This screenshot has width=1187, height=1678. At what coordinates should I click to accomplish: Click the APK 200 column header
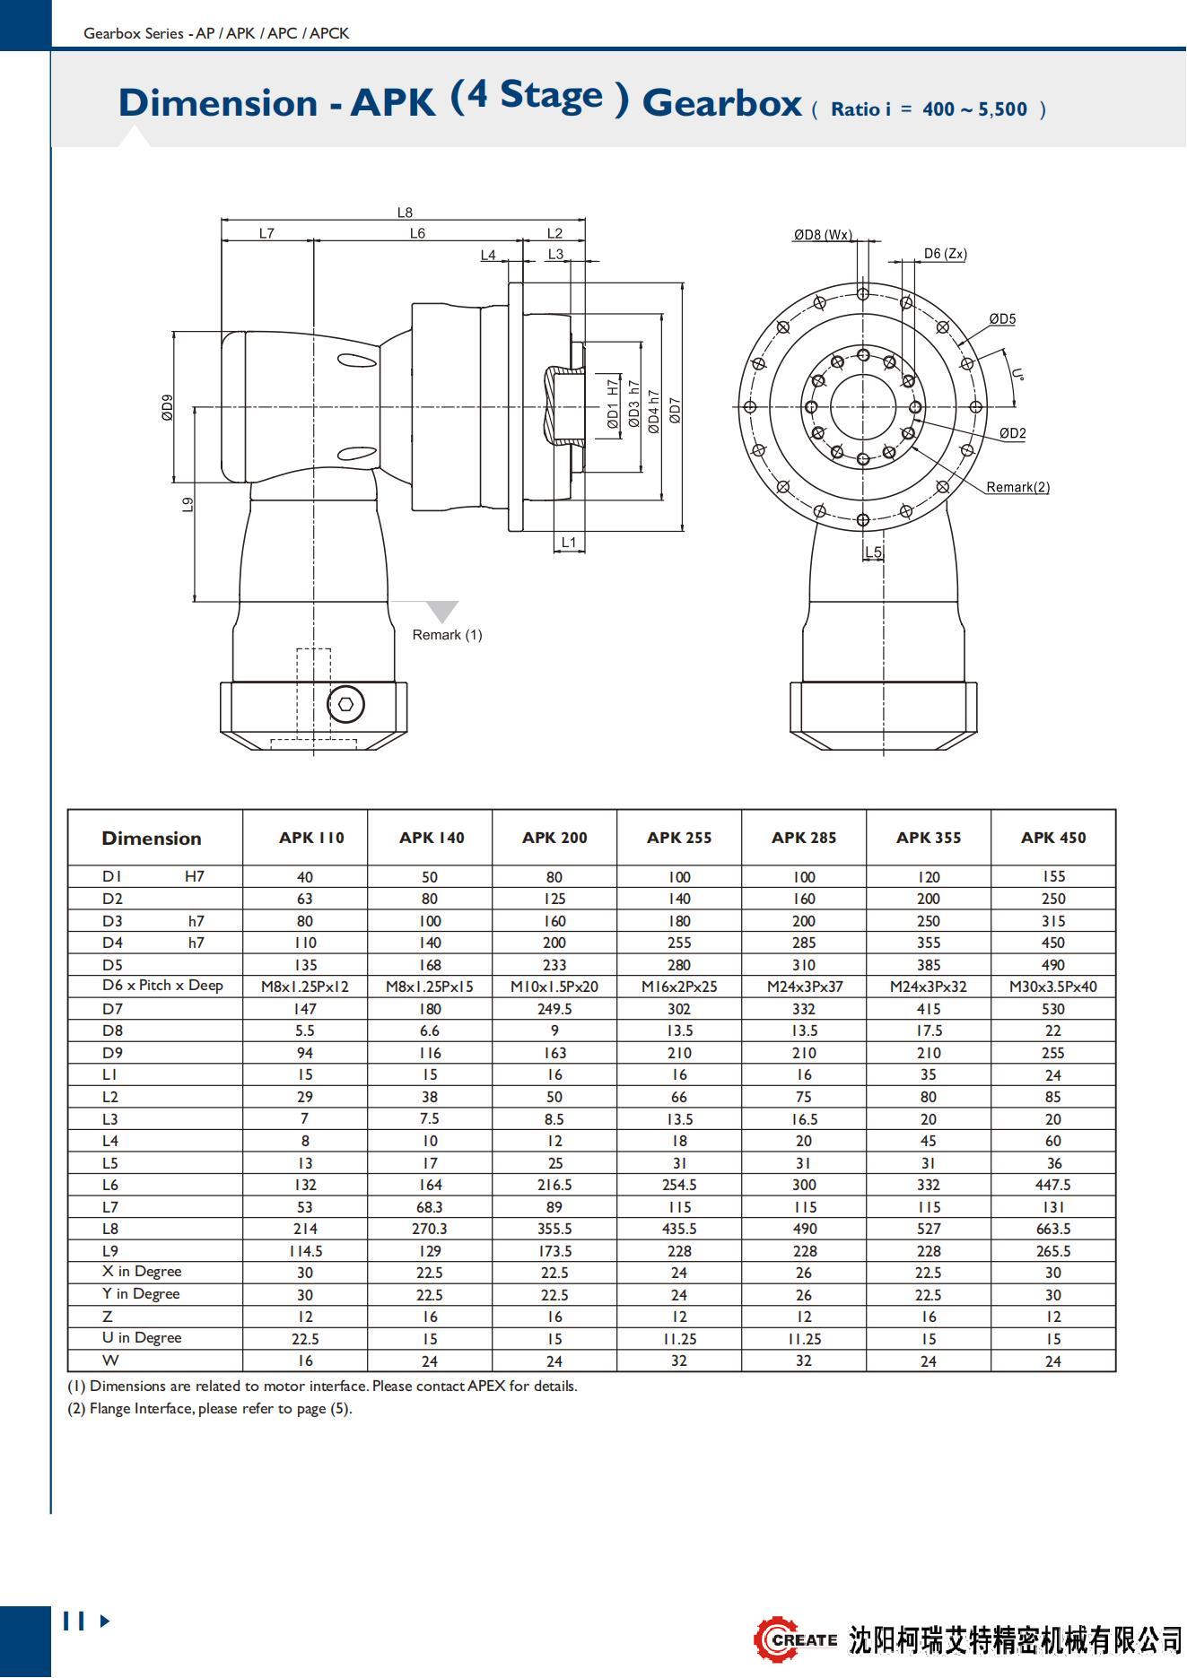click(x=554, y=838)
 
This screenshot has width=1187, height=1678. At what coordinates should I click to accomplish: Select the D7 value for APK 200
click(x=554, y=1009)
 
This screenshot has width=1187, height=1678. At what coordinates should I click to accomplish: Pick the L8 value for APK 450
click(x=1053, y=1229)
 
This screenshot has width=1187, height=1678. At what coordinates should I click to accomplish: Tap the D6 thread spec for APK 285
click(x=804, y=987)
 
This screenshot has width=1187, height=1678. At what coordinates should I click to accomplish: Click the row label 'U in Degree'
click(x=142, y=1338)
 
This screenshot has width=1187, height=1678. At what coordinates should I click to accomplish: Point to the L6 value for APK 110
click(x=305, y=1185)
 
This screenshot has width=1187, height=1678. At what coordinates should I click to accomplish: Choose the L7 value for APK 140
click(x=430, y=1207)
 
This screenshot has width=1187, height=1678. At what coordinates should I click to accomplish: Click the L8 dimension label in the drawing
click(x=405, y=213)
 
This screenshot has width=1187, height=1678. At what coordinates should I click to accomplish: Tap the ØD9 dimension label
click(x=168, y=407)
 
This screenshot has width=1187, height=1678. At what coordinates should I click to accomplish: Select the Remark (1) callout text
click(x=447, y=635)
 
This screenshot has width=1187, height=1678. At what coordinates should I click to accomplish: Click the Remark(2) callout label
click(x=1017, y=487)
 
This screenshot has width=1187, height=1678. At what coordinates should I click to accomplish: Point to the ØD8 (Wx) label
click(x=822, y=235)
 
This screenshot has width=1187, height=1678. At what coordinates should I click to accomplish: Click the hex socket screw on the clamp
click(x=345, y=704)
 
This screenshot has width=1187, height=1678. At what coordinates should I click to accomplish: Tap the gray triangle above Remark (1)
click(x=441, y=611)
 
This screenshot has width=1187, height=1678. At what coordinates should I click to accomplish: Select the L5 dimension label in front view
click(x=873, y=552)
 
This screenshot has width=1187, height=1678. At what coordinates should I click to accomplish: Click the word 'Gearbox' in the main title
click(x=721, y=102)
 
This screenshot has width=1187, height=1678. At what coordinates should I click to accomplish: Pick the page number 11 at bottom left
click(x=74, y=1621)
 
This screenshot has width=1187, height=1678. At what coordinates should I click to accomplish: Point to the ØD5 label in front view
click(x=1002, y=319)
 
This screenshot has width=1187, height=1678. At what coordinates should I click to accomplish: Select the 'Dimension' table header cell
click(x=152, y=839)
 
